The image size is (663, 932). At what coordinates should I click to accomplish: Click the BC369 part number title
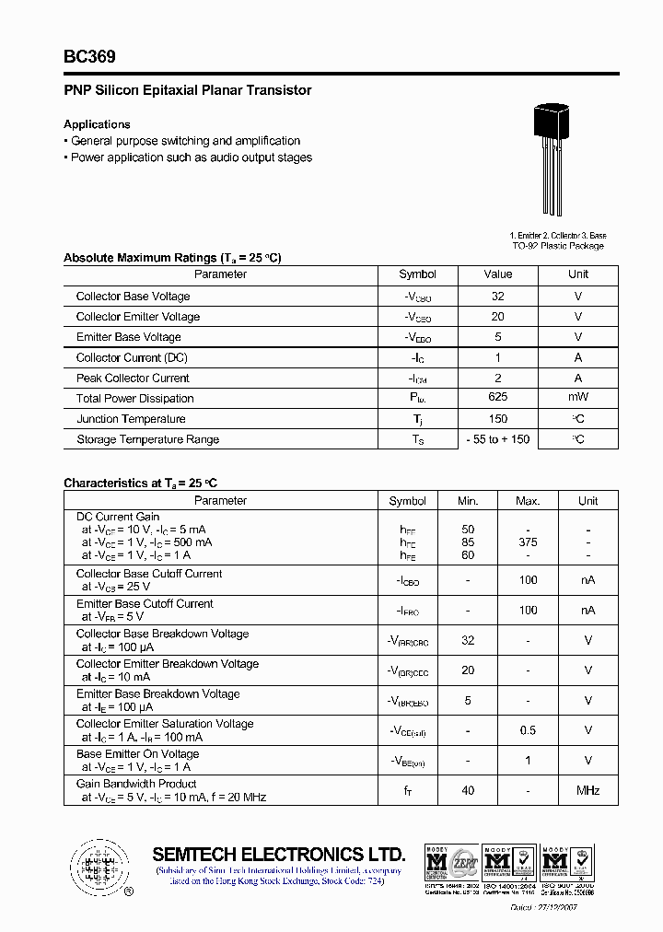tap(89, 57)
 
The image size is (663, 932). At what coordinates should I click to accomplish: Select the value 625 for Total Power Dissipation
tap(498, 398)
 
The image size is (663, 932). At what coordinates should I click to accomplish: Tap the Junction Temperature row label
tap(131, 419)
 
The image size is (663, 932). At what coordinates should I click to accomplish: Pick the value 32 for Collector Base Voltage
tap(498, 296)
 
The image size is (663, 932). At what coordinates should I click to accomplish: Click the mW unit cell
tap(578, 398)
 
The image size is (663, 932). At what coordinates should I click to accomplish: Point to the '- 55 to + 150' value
tap(498, 439)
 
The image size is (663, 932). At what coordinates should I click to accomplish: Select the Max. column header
tap(528, 501)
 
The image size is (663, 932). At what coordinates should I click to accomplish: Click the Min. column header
tap(468, 501)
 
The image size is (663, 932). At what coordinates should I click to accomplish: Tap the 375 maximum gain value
tap(528, 542)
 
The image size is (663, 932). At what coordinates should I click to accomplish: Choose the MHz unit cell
tap(587, 790)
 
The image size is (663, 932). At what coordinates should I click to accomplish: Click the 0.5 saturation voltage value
tap(528, 730)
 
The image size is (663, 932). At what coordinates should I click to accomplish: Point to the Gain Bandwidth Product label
tap(136, 784)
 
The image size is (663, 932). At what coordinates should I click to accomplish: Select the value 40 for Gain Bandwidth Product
tap(468, 790)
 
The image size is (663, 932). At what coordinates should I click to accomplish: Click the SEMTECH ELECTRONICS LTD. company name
tap(279, 854)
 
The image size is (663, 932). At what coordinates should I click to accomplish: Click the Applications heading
tap(97, 124)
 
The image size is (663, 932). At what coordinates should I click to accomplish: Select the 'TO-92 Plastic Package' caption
tap(558, 246)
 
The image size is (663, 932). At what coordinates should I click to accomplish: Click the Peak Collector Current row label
tap(133, 378)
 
